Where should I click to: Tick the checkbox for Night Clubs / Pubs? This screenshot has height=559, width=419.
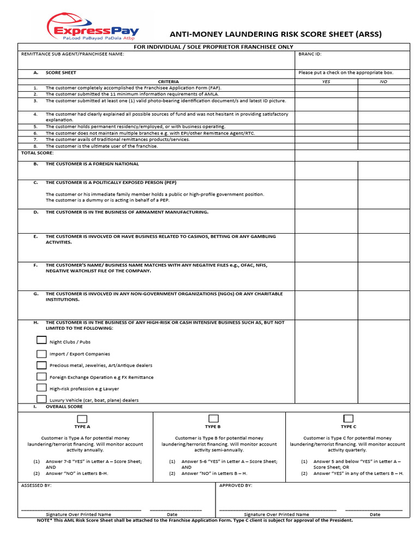[x=41, y=340]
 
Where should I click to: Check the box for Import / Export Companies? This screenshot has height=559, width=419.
[x=41, y=353]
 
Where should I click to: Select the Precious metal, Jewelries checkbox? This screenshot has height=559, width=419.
[x=41, y=365]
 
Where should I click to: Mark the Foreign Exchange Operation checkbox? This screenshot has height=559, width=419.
[x=41, y=376]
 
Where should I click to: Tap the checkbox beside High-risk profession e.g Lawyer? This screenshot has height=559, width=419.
[x=41, y=388]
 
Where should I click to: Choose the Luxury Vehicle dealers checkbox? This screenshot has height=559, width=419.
[x=41, y=399]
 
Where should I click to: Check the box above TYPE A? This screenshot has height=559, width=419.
[x=82, y=419]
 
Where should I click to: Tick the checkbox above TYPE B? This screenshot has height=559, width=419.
[x=213, y=419]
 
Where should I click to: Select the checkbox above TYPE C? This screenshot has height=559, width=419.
[x=348, y=419]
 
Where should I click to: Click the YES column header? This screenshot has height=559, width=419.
[x=326, y=81]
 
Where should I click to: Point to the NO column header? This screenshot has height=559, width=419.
[x=383, y=81]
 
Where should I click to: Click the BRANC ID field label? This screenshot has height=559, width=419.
[x=310, y=54]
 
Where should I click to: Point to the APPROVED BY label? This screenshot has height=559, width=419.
[x=235, y=485]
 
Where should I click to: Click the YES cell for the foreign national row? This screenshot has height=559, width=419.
[x=326, y=170]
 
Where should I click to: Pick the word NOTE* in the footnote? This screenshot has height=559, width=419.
[x=44, y=520]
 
